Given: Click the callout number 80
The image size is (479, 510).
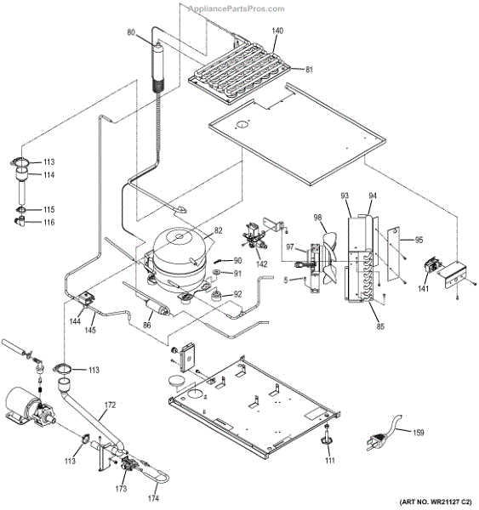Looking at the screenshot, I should [x=132, y=32].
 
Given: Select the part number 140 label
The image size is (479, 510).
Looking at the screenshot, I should [x=277, y=31].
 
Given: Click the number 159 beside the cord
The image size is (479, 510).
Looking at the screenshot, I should [x=418, y=432].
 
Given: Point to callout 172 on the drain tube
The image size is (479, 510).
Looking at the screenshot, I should [x=109, y=406].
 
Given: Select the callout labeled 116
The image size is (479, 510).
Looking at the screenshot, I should [x=48, y=222].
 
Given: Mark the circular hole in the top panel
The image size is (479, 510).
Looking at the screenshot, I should [x=243, y=126].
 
